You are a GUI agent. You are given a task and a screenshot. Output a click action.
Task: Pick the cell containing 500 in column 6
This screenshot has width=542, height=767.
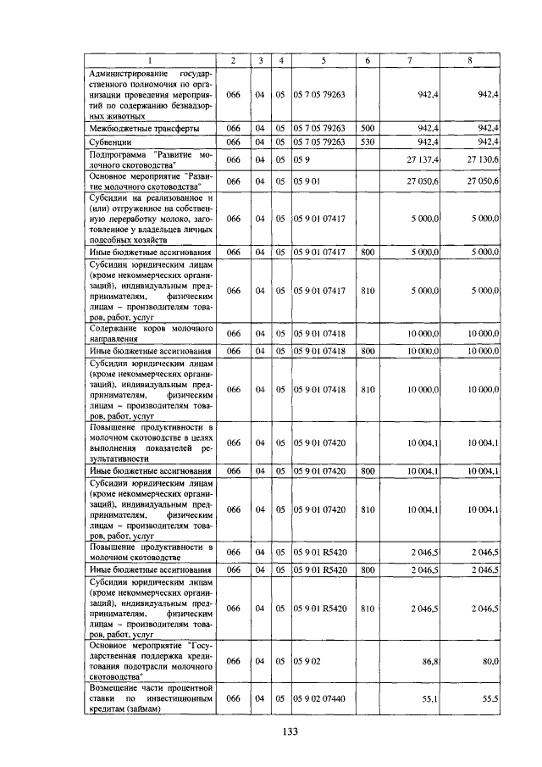[368, 127]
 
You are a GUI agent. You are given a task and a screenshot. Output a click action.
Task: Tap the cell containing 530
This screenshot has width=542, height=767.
[368, 142]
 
